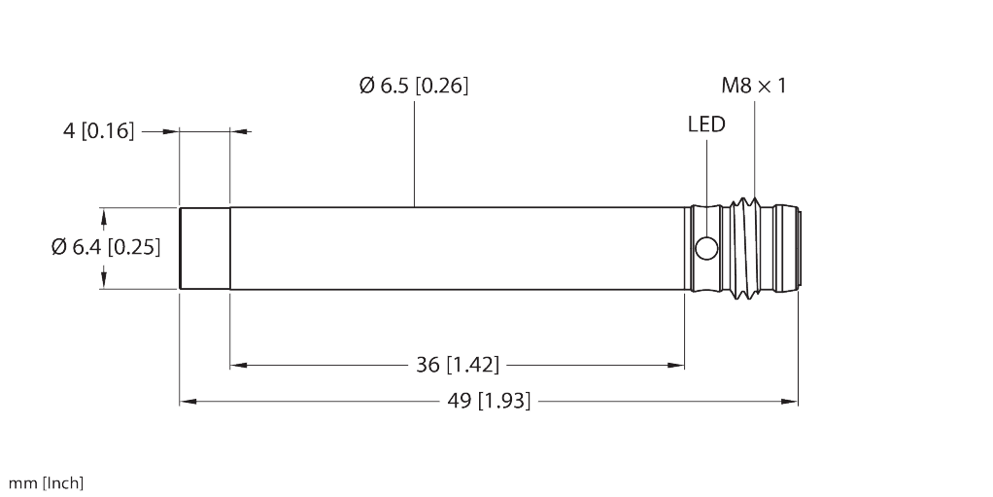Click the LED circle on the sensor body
706,249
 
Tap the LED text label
705,124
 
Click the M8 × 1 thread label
753,86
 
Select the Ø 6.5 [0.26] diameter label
413,86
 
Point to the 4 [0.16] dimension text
98,130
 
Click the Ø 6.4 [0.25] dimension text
105,247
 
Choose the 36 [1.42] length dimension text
458,365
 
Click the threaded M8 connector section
748,248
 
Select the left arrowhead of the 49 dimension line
188,400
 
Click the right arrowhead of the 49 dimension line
789,400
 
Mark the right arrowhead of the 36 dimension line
676,365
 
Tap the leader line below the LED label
705,170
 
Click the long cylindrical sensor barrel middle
457,248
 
